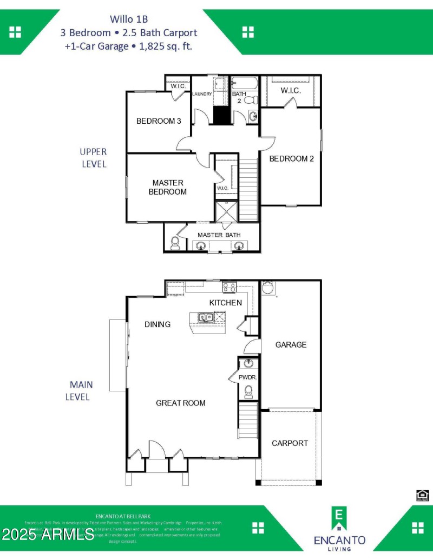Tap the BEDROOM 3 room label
click(x=159, y=121)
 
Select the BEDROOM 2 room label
click(x=292, y=159)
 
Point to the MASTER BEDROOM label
click(x=168, y=187)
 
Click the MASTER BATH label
click(x=219, y=235)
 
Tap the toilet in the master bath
click(x=175, y=244)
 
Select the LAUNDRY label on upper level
click(x=202, y=94)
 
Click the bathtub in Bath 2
click(x=246, y=84)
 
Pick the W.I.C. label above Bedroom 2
click(x=291, y=90)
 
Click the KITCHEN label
click(x=226, y=303)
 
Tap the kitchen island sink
click(x=205, y=317)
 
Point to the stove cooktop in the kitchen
click(x=229, y=288)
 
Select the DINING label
click(x=158, y=324)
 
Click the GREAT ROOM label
click(x=181, y=403)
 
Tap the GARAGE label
click(x=291, y=344)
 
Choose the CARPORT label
click(x=290, y=443)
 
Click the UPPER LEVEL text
click(x=94, y=158)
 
